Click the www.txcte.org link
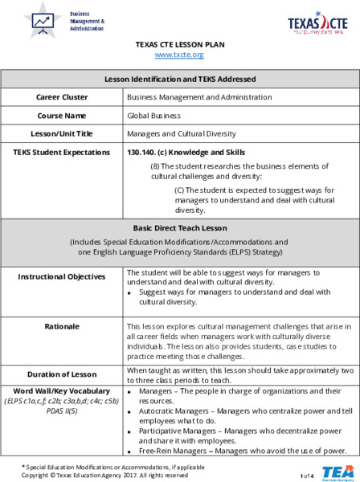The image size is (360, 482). [x=179, y=55]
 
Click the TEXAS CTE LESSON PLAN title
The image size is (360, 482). [x=179, y=44]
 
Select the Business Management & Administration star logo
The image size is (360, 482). [x=42, y=20]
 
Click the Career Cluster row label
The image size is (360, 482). [x=62, y=97]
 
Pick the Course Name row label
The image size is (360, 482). [x=62, y=115]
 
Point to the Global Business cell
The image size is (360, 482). [x=149, y=115]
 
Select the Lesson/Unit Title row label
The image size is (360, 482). [x=62, y=133]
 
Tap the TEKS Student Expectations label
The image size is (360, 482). [x=62, y=152]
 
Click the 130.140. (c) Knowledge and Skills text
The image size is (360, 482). [x=186, y=152]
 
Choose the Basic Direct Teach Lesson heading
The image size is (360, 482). [x=180, y=227]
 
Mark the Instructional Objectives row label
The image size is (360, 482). [x=62, y=276]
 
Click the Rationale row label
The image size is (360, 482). [x=62, y=327]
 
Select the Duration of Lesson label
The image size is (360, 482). [x=62, y=374]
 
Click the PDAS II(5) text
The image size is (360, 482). [x=62, y=411]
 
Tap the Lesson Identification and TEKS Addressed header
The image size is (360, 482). [x=180, y=79]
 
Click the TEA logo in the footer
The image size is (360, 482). [x=333, y=472]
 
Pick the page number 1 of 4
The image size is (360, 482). [x=306, y=476]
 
